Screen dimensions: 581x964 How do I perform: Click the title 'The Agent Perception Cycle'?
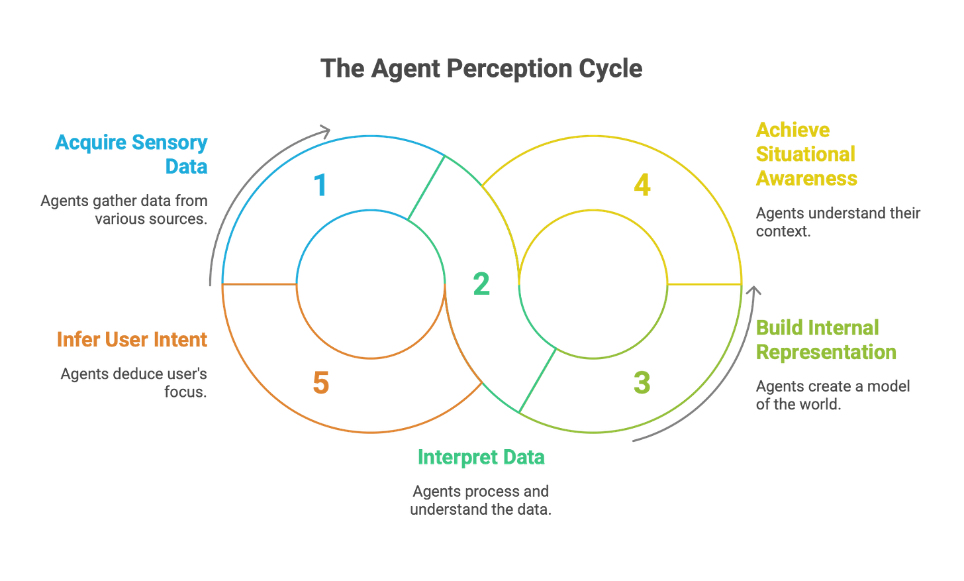(481, 68)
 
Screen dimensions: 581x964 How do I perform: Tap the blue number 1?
(321, 185)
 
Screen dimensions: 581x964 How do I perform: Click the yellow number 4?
(642, 186)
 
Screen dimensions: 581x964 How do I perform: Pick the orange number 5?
(321, 383)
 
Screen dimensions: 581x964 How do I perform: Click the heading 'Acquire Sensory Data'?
(132, 154)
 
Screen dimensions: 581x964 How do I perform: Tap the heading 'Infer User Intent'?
(132, 339)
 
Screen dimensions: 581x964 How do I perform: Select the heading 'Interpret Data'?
(481, 457)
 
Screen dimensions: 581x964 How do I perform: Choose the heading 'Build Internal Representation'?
(826, 340)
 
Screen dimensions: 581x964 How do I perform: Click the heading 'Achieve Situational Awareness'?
(806, 154)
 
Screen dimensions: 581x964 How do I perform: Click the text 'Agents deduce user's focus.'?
(134, 383)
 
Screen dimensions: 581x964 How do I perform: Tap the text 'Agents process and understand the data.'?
(481, 500)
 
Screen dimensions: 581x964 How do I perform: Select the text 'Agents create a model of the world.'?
(832, 396)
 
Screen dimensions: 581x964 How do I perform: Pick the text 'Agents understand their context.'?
(838, 223)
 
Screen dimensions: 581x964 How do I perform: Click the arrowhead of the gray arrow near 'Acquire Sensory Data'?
(324, 129)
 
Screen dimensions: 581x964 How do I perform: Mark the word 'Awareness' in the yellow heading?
(806, 179)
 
